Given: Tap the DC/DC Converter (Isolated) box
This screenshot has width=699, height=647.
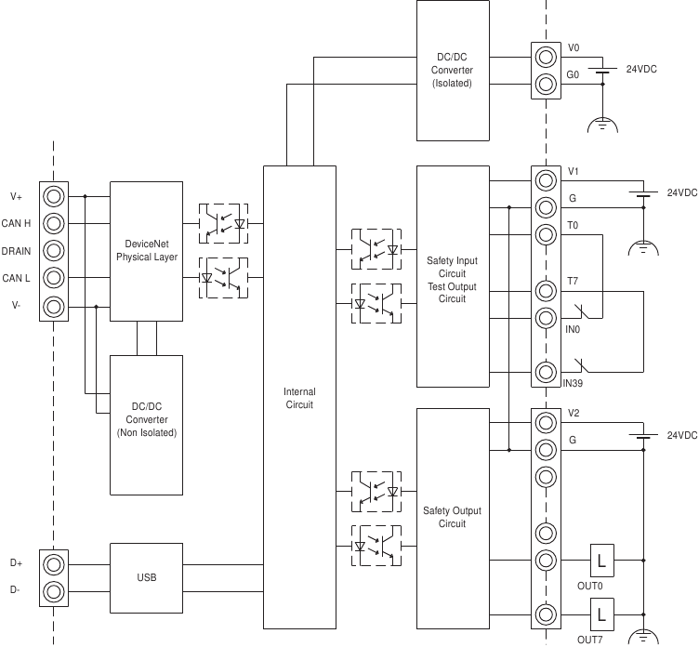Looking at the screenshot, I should coord(454,71).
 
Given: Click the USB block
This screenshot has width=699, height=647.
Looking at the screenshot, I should coord(147,578).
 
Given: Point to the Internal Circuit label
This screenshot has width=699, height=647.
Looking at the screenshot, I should coord(299,398).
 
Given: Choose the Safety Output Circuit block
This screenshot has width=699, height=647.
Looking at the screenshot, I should coord(453,517).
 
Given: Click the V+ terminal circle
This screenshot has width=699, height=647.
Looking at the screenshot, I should coord(54,196).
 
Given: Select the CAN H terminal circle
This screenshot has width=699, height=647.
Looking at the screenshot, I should coord(54,223).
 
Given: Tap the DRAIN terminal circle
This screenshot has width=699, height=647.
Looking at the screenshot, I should coord(54,251).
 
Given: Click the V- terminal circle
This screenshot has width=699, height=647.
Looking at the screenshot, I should coord(54,306).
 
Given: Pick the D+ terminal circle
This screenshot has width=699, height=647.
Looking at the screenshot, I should coord(54,563).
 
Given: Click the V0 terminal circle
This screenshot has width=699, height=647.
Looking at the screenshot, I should coord(546,57).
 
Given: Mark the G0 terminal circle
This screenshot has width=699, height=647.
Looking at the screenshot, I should coord(546,85).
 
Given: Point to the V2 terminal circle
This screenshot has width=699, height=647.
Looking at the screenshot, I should coord(546,423).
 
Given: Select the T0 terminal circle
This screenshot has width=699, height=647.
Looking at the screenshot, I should coord(546,234).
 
